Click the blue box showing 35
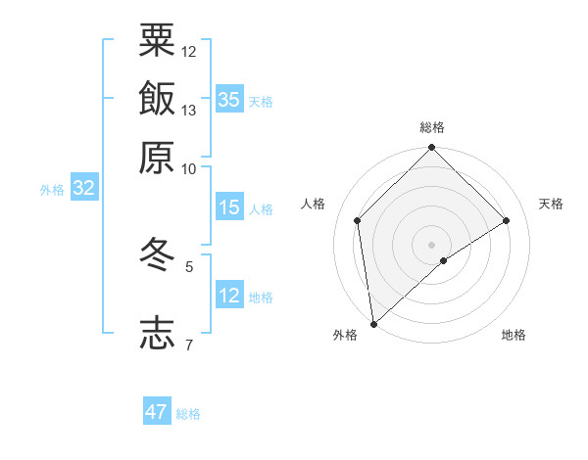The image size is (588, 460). pyautogui.click(x=229, y=99)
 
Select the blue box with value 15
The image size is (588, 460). pyautogui.click(x=229, y=207)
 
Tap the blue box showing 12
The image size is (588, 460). pyautogui.click(x=229, y=296)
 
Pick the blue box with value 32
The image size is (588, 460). pyautogui.click(x=84, y=189)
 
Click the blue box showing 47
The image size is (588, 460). pyautogui.click(x=157, y=412)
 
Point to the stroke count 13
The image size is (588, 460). pyautogui.click(x=189, y=110)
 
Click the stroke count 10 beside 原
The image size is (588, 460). pyautogui.click(x=189, y=168)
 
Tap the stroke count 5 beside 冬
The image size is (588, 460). pyautogui.click(x=189, y=265)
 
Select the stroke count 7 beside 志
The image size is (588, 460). pyautogui.click(x=189, y=345)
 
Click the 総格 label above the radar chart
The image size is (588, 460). pyautogui.click(x=432, y=127)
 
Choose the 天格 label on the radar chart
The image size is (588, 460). pyautogui.click(x=551, y=204)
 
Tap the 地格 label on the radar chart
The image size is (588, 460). pyautogui.click(x=514, y=336)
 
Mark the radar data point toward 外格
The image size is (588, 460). pyautogui.click(x=373, y=324)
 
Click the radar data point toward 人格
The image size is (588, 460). pyautogui.click(x=358, y=220)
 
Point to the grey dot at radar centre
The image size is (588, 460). pyautogui.click(x=432, y=244)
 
